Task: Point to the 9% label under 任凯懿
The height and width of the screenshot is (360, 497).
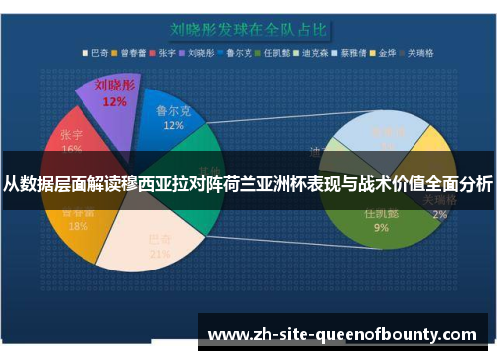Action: (x=381, y=227)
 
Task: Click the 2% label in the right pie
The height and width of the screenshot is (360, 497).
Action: (x=440, y=214)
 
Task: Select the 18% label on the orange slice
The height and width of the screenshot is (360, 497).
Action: (x=77, y=226)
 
